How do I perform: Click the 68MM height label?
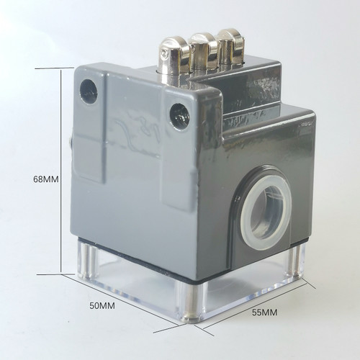45,179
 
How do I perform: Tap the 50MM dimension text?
102,306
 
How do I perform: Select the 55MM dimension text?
264,312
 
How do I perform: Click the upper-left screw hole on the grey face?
89,92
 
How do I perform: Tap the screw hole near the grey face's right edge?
180,116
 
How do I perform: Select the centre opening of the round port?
266,212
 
